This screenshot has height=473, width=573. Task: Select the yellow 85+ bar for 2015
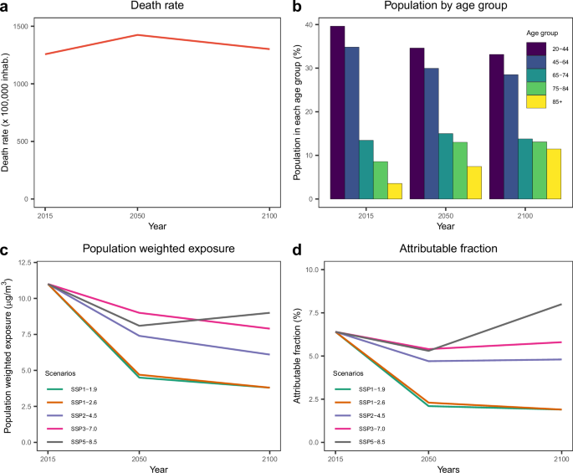pos(396,191)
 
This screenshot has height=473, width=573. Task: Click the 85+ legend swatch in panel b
pos(535,102)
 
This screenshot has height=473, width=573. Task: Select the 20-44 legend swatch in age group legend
pos(535,49)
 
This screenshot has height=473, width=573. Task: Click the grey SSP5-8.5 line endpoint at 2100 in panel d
pos(560,305)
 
